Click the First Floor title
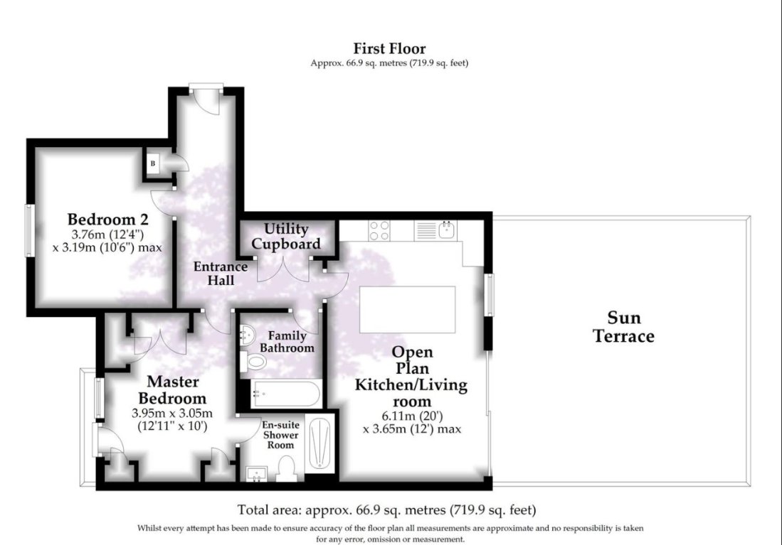click(x=389, y=48)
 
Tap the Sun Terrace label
click(x=623, y=327)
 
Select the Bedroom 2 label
click(x=101, y=219)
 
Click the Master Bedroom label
click(x=172, y=390)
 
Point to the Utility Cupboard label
click(x=286, y=237)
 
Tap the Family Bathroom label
click(x=286, y=342)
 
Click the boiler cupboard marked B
click(x=153, y=163)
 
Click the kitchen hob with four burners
click(x=379, y=231)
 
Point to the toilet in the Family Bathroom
click(x=253, y=361)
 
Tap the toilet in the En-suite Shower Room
click(x=286, y=469)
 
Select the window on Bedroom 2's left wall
click(x=29, y=230)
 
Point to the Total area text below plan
click(x=386, y=509)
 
